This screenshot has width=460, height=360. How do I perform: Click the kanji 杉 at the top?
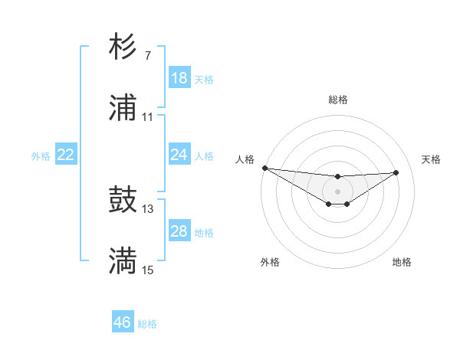click(x=123, y=47)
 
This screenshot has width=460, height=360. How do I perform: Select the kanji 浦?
click(x=123, y=109)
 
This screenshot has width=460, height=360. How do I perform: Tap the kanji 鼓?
click(x=123, y=201)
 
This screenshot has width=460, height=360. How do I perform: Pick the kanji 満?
click(x=123, y=262)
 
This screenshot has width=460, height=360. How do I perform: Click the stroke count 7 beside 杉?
click(x=147, y=56)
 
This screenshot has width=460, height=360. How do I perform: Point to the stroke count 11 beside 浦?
click(x=147, y=117)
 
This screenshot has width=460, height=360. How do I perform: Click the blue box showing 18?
click(x=179, y=78)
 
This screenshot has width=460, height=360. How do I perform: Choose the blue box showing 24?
click(x=179, y=155)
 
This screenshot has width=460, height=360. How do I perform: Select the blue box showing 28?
click(x=179, y=231)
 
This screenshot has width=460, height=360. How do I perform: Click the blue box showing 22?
click(x=66, y=155)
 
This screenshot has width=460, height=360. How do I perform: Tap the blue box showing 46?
click(x=123, y=322)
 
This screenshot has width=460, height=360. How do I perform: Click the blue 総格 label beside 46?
click(x=147, y=324)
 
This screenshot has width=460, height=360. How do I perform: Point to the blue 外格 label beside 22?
click(x=41, y=156)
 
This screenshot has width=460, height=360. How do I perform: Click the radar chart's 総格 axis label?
click(x=337, y=100)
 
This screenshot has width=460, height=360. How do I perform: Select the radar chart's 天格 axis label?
click(x=432, y=159)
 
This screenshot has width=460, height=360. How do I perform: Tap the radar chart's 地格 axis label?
click(x=402, y=262)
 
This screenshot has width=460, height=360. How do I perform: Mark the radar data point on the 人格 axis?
click(x=264, y=168)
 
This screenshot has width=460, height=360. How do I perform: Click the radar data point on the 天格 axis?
click(x=396, y=172)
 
